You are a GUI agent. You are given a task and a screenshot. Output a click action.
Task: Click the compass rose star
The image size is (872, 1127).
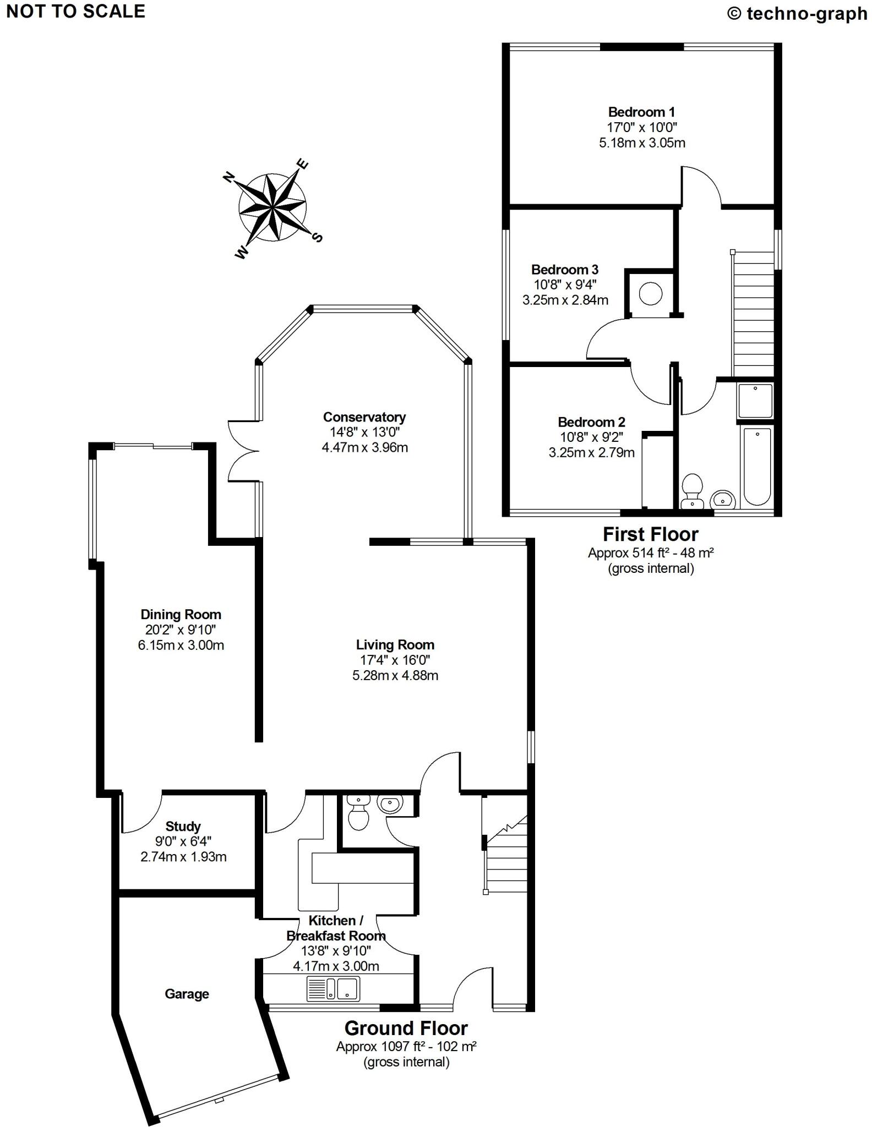click(272, 207)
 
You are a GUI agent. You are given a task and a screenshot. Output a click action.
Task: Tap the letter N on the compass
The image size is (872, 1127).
click(228, 177)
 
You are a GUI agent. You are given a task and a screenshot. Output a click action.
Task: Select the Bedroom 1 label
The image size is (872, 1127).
click(641, 112)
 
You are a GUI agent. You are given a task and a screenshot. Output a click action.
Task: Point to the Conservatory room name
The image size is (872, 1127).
click(364, 417)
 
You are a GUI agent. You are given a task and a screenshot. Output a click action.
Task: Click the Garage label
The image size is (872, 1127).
click(187, 994)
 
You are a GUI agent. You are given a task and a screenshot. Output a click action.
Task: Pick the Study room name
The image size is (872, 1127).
click(183, 826)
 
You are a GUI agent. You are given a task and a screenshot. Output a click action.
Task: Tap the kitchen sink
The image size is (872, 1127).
click(333, 988)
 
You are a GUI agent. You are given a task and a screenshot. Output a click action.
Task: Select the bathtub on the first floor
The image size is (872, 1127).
click(757, 466)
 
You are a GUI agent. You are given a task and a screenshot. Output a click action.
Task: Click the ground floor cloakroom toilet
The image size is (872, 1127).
click(358, 813)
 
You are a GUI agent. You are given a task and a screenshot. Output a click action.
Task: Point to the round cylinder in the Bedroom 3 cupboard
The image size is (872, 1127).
click(650, 294)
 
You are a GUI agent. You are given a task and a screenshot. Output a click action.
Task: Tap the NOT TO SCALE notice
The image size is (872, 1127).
click(76, 12)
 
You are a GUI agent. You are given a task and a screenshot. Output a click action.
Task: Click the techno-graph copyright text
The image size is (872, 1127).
click(797, 13)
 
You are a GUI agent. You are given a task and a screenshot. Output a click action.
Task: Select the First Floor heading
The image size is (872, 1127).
click(651, 534)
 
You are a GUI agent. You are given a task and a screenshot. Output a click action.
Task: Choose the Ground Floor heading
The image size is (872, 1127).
click(406, 1028)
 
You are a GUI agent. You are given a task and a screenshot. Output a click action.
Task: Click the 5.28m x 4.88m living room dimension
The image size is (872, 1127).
click(395, 675)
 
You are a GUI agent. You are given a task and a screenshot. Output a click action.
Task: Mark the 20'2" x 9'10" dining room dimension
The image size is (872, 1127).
click(181, 630)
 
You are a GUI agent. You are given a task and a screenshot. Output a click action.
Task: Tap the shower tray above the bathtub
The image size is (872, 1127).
click(756, 401)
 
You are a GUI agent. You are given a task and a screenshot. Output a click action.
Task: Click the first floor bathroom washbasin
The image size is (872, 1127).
click(723, 500)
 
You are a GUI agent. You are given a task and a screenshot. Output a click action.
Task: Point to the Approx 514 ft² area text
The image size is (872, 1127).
click(651, 553)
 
